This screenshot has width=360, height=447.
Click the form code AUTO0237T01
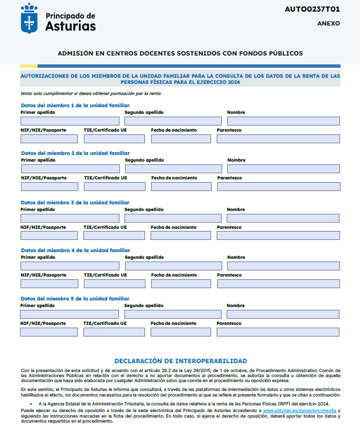(312, 9)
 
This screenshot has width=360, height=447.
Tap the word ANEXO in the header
(328, 24)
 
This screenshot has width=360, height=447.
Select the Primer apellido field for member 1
(70, 121)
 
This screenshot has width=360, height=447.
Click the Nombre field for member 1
(283, 121)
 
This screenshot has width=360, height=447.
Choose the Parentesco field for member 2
(278, 187)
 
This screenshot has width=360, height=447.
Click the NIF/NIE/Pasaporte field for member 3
(49, 235)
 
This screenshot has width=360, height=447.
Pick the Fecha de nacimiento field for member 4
(181, 284)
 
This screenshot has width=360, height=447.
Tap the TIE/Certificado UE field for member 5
(114, 332)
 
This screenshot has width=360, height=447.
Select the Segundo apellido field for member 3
(173, 218)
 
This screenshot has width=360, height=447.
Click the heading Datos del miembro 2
(75, 153)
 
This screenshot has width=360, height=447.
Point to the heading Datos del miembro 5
(75, 299)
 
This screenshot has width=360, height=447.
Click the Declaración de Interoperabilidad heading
(181, 361)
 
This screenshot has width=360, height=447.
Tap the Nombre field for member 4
(283, 266)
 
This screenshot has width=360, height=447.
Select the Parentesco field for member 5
(278, 332)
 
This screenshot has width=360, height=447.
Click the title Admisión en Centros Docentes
(180, 53)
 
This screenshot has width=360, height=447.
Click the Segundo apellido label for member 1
(144, 112)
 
